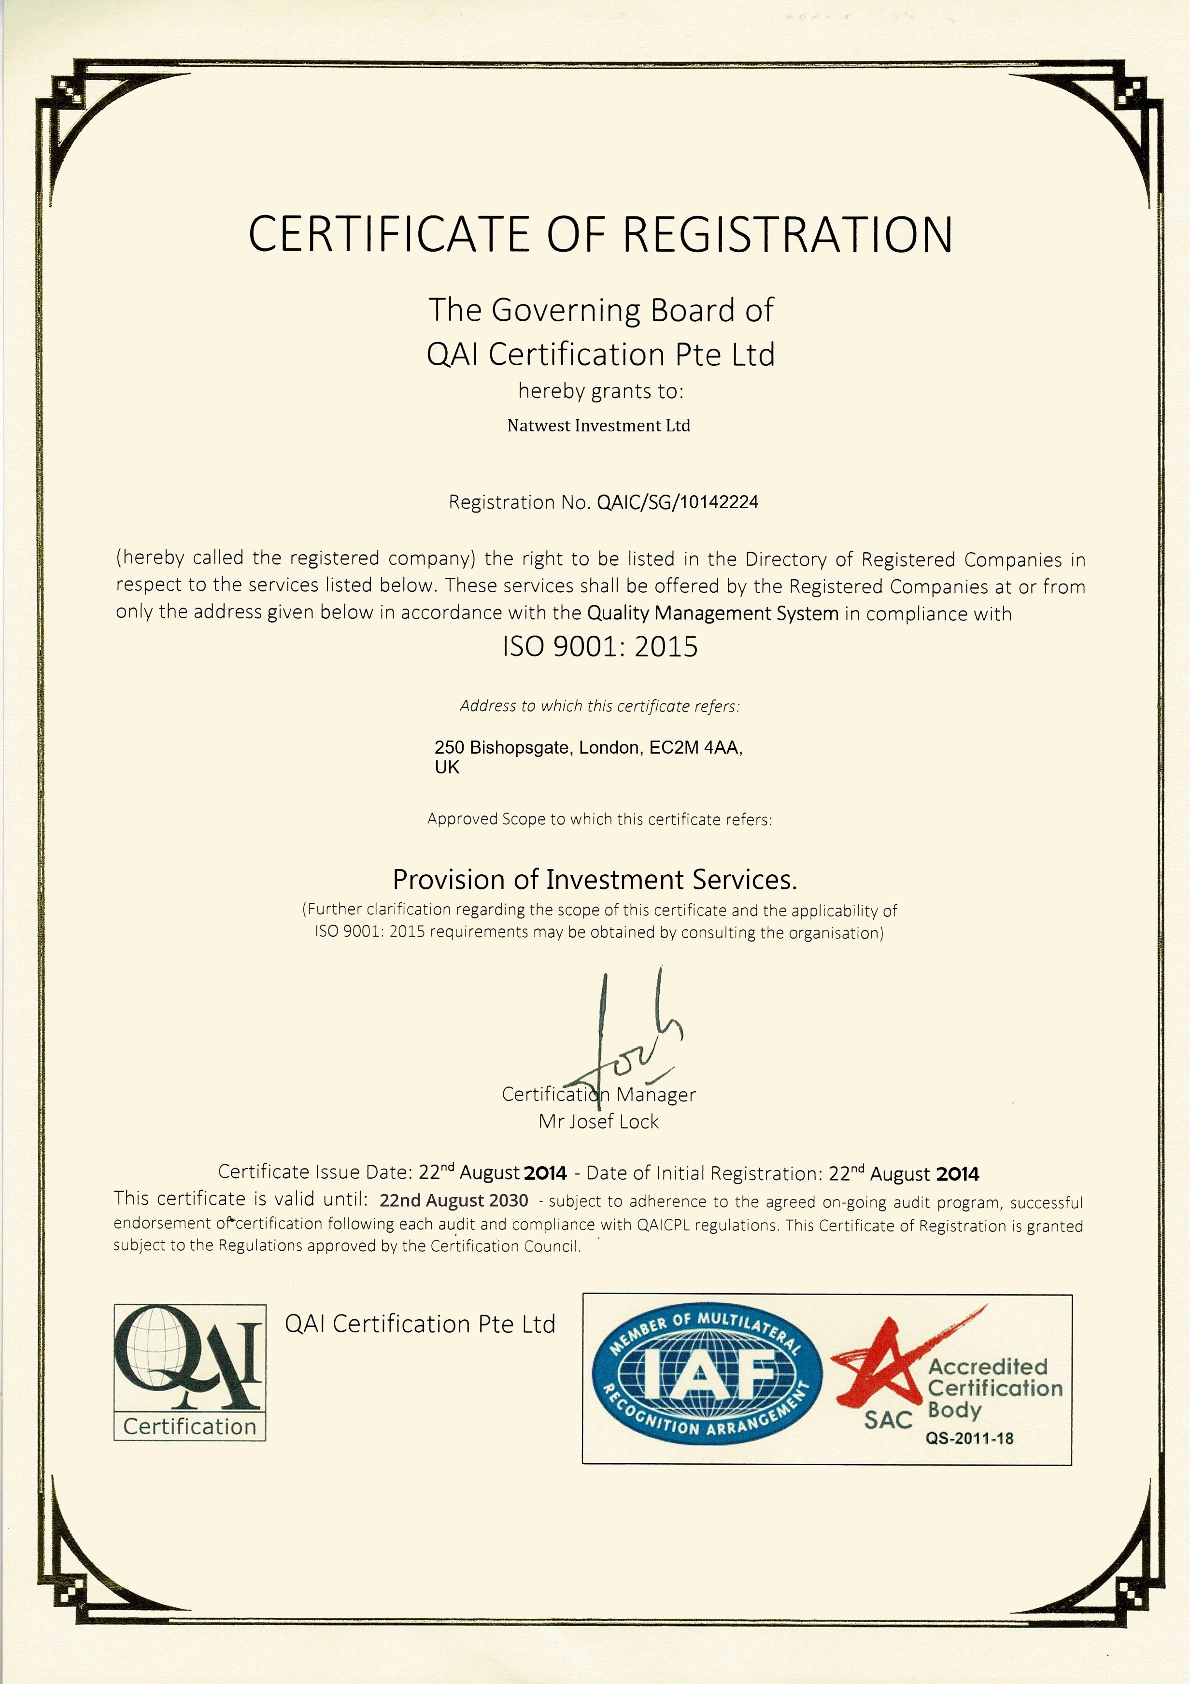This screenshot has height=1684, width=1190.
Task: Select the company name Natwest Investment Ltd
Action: [598, 426]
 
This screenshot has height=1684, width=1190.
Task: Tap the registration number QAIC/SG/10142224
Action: [678, 502]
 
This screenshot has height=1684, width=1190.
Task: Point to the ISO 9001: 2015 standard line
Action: [600, 646]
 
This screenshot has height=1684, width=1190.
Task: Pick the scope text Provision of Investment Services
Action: [595, 879]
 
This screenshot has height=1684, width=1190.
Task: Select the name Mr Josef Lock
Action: [598, 1121]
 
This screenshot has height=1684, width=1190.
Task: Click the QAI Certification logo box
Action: [190, 1371]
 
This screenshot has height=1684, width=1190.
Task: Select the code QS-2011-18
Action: [969, 1438]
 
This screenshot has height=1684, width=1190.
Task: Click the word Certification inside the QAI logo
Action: [190, 1427]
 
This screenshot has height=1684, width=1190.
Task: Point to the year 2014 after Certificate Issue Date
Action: [546, 1173]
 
